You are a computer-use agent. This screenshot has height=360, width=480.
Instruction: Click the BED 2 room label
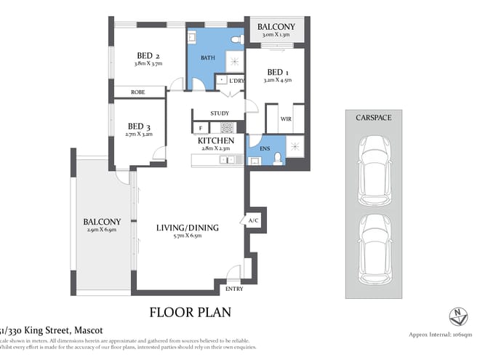[x=148, y=55]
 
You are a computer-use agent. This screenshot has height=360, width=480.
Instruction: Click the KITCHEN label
[x=219, y=140]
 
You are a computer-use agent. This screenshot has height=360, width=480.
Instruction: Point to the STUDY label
[x=220, y=113]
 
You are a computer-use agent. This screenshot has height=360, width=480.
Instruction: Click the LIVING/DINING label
[x=188, y=228]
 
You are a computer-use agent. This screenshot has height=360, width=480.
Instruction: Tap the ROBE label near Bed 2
[x=137, y=92]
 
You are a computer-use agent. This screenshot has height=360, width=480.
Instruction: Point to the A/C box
[x=253, y=220]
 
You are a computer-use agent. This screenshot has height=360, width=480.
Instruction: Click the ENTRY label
[x=234, y=289]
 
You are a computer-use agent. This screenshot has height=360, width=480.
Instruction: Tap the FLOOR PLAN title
[x=190, y=313]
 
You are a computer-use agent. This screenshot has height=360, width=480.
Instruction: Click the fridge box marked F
[x=200, y=128]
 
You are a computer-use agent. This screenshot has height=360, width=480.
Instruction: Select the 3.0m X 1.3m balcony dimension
[x=276, y=34]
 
